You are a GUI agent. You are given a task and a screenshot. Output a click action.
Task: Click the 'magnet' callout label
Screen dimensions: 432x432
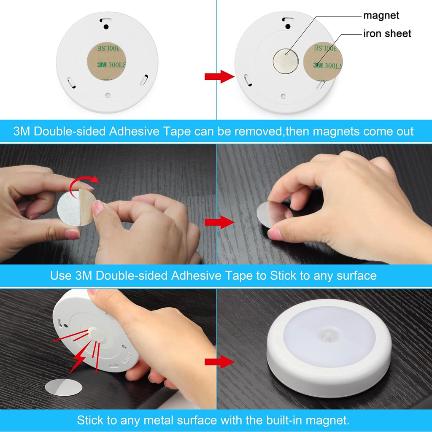[381, 16]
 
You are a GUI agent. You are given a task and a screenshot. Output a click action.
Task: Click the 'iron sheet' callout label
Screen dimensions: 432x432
[387, 33]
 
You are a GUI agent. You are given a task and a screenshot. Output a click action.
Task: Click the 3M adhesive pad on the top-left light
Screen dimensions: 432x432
[107, 62]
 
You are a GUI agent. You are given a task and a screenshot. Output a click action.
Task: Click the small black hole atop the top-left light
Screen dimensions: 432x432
[106, 26]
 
